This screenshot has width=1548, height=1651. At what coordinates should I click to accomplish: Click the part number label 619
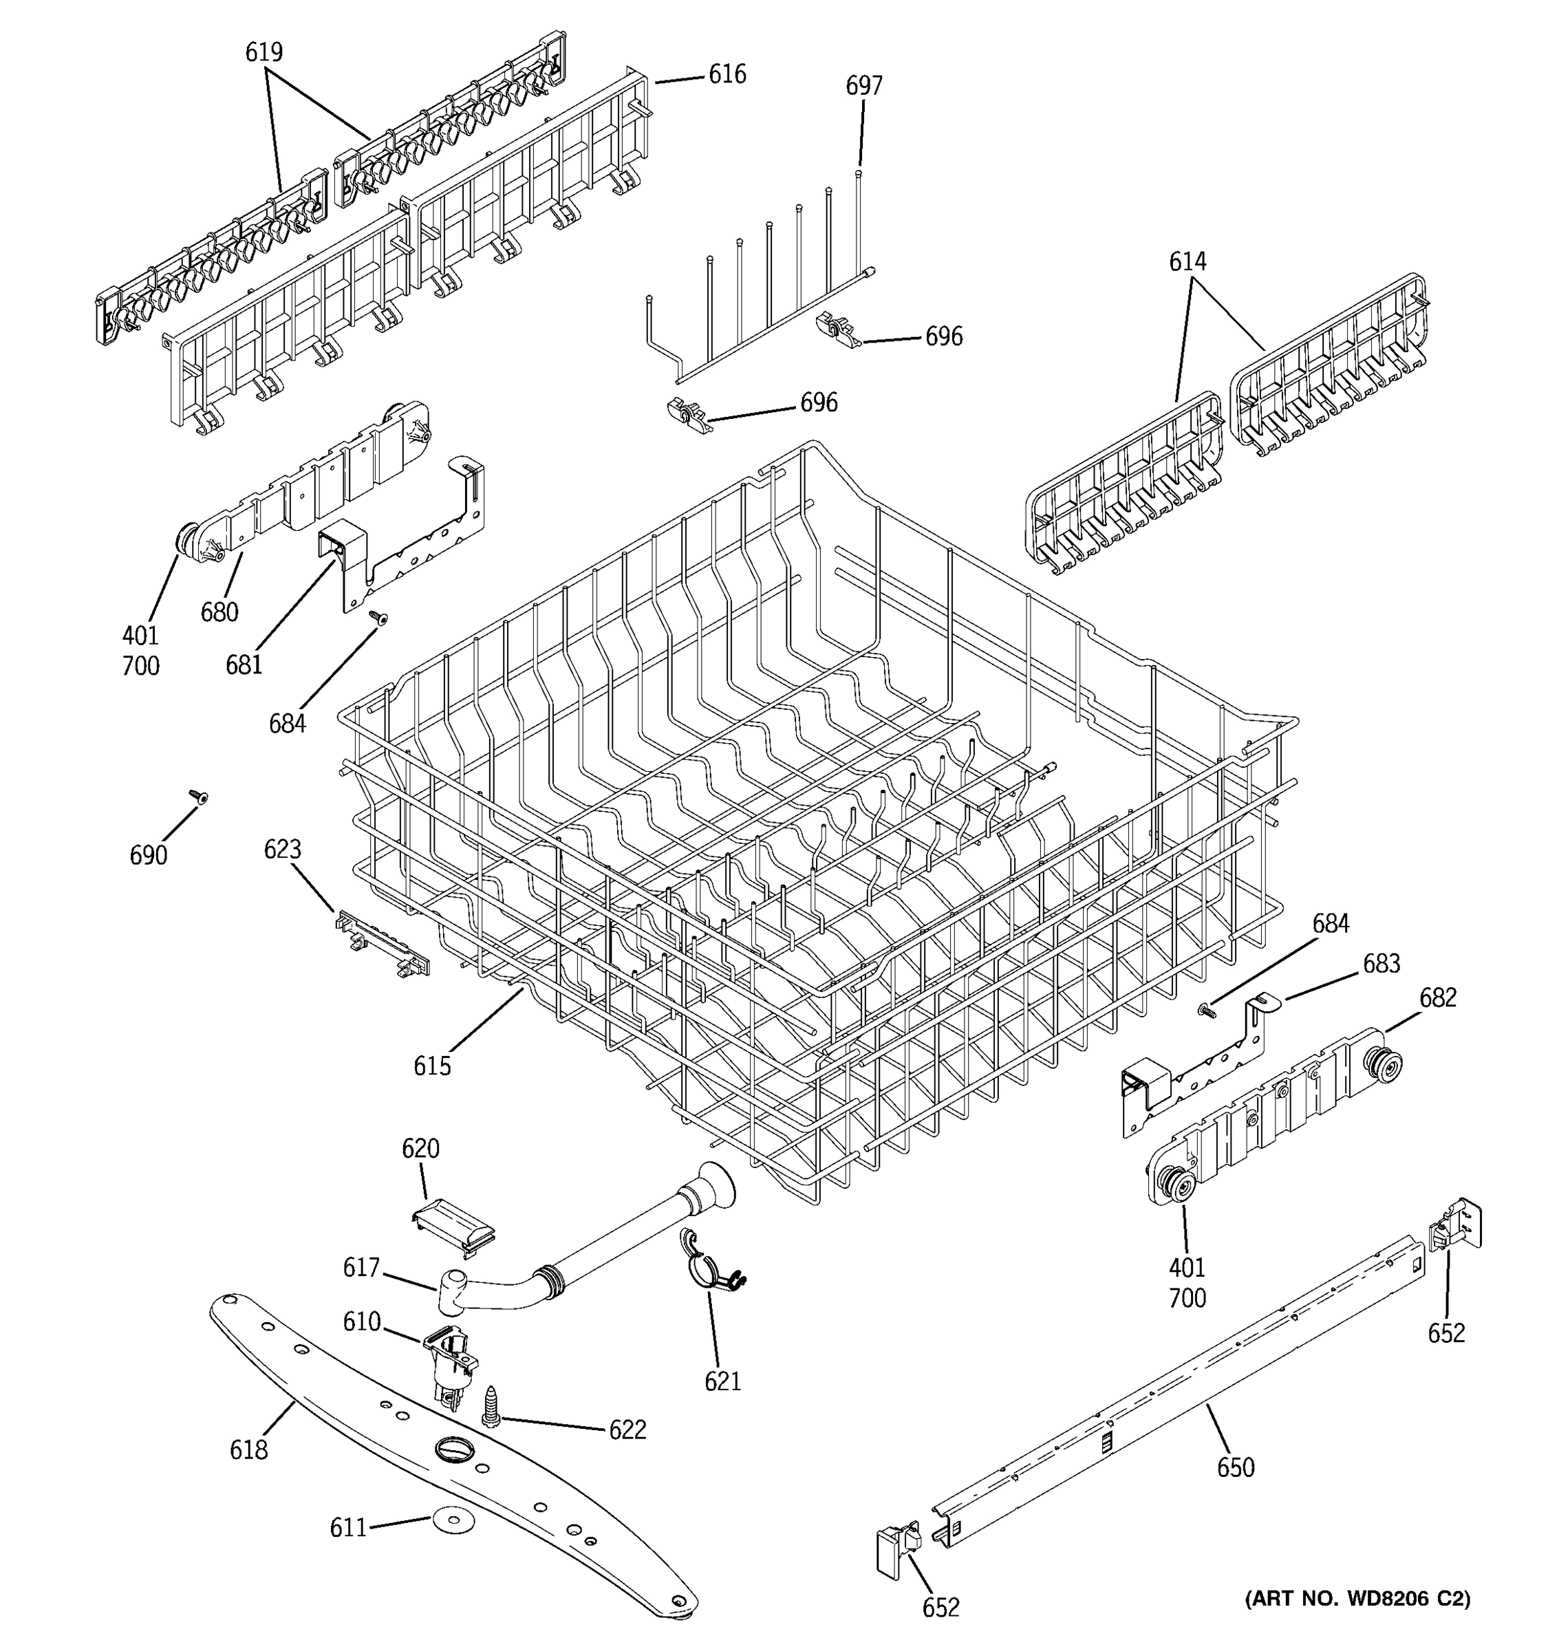(x=264, y=52)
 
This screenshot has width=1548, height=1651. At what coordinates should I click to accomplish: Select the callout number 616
(x=727, y=75)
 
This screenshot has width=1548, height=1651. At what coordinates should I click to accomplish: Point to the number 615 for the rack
(x=432, y=1066)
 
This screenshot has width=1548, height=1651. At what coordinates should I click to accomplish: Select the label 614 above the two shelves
(x=1187, y=261)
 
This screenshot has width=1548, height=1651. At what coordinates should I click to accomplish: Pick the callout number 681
(x=244, y=665)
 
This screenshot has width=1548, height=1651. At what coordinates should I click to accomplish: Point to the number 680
(x=219, y=612)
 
